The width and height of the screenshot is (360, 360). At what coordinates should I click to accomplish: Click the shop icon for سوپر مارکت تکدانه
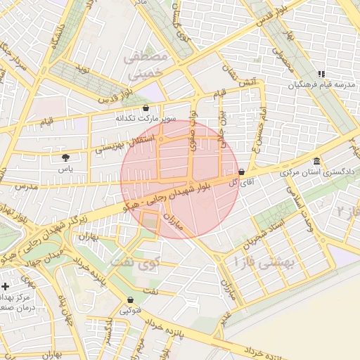click(x=146, y=108)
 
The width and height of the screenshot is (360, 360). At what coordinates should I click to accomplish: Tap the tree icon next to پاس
click(x=65, y=157)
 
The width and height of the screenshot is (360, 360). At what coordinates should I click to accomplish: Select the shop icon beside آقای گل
click(x=242, y=172)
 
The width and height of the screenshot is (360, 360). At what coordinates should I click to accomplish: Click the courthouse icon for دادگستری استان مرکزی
click(x=317, y=161)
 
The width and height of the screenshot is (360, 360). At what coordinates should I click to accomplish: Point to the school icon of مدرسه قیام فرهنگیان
click(x=321, y=74)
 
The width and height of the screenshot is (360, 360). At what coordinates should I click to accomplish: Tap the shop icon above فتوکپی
click(x=130, y=299)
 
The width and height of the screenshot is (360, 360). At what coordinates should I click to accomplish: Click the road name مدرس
click(x=24, y=187)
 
